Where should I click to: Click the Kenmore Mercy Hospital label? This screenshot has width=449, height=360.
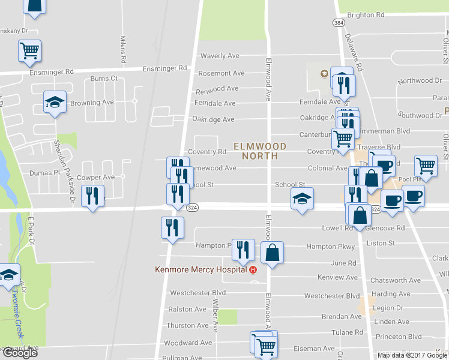pos(201,269)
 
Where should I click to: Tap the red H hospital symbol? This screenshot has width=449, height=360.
pos(253,269)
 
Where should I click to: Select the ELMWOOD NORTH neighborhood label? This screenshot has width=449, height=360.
pos(260,151)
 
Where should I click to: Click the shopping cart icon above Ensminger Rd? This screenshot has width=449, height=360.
pos(29,50)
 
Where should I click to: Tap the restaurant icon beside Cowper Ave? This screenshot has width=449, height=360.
pos(92,196)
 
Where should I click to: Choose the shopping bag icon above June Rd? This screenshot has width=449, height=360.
pos(272,252)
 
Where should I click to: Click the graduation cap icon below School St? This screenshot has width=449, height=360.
pos(302,199)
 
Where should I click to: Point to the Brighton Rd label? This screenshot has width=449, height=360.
pos(366,14)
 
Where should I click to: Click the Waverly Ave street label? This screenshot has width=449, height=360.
pos(220,56)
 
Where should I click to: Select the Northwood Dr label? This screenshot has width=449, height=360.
pos(420,80)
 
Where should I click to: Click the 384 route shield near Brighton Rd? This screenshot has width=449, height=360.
pos(338,22)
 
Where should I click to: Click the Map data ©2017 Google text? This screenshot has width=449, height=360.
pos(412,355)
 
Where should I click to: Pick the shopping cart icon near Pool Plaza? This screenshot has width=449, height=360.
pos(426,164)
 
